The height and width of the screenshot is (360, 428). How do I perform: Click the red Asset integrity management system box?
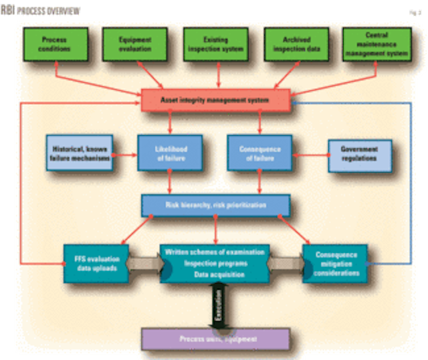pos(215,100)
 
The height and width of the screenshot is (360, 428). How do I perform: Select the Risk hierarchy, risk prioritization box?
pos(215,205)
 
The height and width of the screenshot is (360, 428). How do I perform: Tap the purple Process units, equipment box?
pos(215,339)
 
